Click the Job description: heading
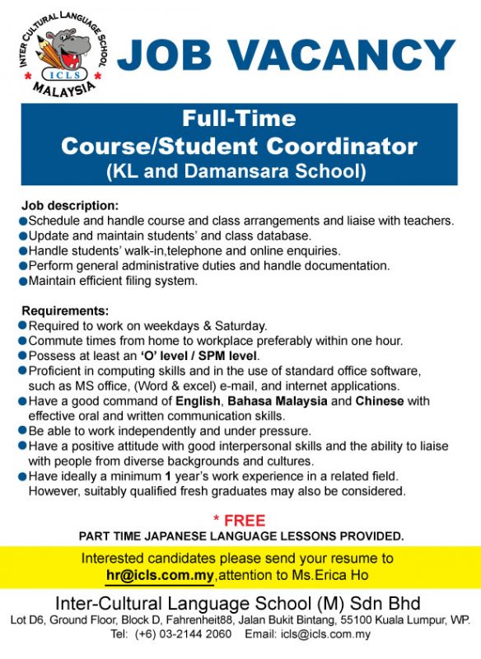coord(70,205)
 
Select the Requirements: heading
coord(65,311)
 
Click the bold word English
coord(198,401)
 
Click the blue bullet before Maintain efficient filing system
coord(22,281)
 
